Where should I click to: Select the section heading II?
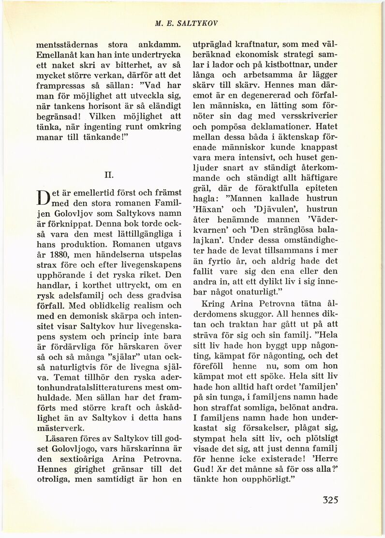[x=109, y=172]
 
